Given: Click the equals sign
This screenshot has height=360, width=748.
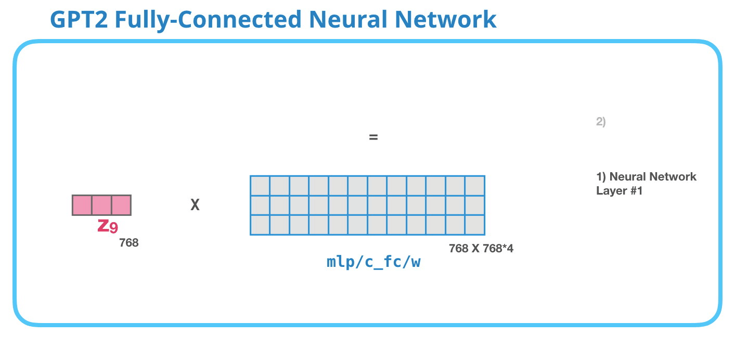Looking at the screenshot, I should (373, 138).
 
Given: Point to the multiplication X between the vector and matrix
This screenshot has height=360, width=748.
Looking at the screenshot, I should (195, 205).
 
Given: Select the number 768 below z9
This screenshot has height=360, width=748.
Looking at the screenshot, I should (129, 242).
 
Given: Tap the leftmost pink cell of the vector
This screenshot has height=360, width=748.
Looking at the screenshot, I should (82, 205).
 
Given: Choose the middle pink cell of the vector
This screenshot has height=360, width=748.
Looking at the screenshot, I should (101, 205).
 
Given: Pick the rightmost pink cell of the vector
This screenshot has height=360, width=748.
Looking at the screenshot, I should (121, 205).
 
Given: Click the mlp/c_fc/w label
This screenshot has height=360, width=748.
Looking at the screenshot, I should (373, 262).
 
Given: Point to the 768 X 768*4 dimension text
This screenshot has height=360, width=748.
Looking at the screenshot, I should (481, 249).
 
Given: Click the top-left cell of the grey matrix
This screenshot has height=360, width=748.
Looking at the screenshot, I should (260, 186).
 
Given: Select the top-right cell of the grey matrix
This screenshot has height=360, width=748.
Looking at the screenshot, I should (474, 186).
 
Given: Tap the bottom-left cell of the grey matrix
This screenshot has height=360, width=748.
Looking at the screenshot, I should (260, 225).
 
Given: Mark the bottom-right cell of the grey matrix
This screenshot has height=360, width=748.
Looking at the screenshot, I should (474, 225).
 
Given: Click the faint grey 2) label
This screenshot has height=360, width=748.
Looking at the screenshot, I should (601, 122).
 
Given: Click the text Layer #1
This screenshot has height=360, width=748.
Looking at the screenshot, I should (620, 191).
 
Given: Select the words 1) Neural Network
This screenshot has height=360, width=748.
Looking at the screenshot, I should (646, 177).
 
